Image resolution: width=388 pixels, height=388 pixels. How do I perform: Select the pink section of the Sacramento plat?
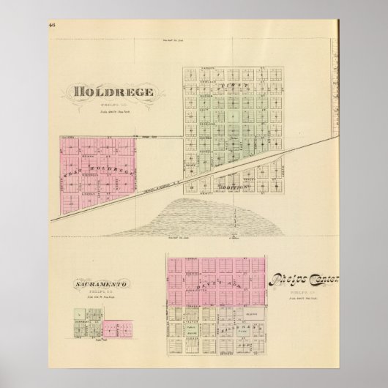(112, 327)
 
